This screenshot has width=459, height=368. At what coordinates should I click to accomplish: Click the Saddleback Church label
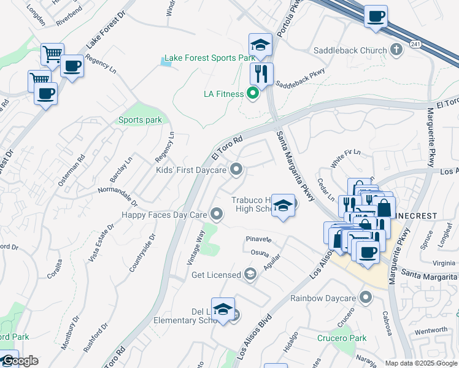[350, 50]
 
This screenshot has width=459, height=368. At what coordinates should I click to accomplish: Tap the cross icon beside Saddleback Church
[396, 50]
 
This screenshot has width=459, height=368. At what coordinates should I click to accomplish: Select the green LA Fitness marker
[252, 94]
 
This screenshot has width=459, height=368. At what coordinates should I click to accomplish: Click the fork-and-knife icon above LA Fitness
[261, 74]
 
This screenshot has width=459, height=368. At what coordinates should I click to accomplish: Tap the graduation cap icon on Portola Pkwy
[260, 45]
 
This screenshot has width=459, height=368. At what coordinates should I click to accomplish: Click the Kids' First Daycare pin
[236, 169]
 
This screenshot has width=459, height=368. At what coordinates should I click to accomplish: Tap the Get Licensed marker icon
[250, 274]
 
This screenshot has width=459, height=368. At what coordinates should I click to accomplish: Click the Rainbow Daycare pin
[366, 298]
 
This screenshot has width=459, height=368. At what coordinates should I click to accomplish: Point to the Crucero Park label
[342, 338]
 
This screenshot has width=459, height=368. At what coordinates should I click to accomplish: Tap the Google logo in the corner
[20, 361]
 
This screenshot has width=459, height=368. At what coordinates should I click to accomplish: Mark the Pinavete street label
[258, 238]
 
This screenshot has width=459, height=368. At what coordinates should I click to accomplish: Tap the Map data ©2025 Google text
[421, 363]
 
